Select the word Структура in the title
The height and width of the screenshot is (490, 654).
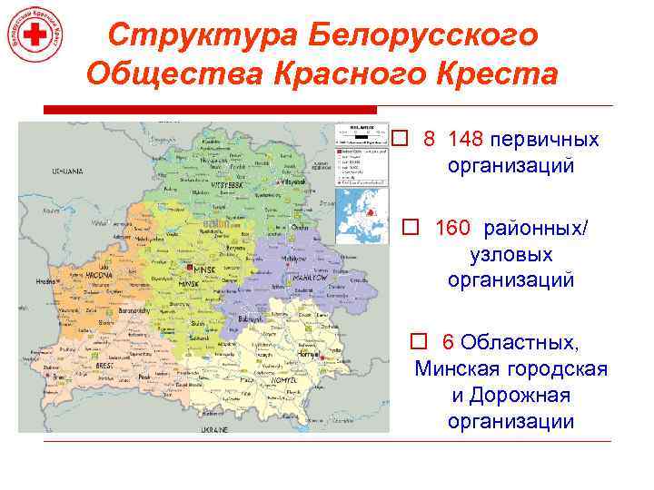201,35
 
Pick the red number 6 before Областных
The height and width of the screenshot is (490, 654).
448,342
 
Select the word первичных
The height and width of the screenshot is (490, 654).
544,140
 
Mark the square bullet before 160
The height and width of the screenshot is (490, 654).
411,227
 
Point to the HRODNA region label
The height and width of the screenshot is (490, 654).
99,274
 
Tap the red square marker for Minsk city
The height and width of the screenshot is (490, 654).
188,269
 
